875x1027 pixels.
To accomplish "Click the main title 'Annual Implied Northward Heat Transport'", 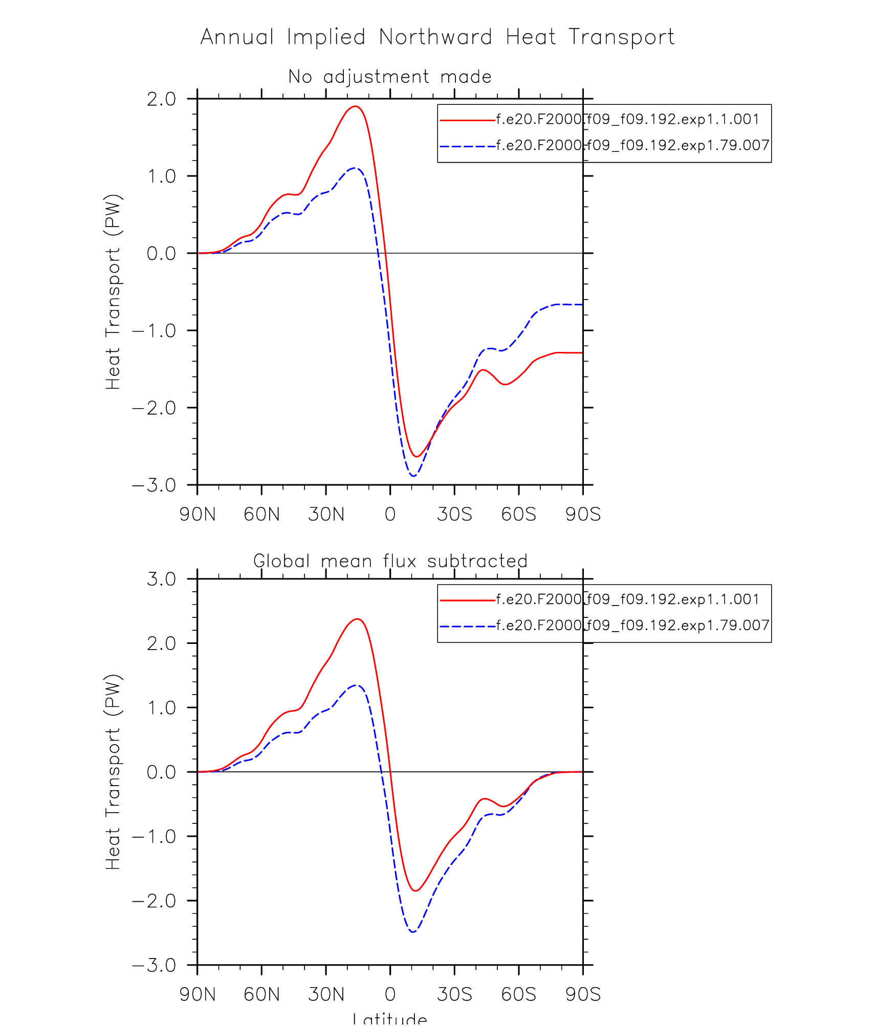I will point(437,37).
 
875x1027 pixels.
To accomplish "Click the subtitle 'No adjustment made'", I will point(390,77).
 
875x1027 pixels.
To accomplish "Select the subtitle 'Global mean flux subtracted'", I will point(390,561).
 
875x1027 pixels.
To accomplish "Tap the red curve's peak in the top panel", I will point(356,106).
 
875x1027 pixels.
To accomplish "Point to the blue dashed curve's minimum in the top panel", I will point(413,476).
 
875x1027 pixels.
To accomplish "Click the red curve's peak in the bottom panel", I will point(358,619).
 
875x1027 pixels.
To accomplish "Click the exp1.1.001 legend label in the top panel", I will point(627,119).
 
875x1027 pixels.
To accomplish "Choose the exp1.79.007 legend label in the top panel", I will point(632,145).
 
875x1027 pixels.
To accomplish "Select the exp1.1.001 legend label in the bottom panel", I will point(627,599).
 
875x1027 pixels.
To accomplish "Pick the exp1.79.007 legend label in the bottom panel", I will point(632,625).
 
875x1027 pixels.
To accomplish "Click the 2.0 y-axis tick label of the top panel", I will point(161,99).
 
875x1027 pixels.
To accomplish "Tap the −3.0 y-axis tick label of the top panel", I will point(154,485).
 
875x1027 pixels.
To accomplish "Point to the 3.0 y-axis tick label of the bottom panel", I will point(161,579).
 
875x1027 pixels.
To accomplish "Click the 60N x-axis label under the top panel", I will point(261,514).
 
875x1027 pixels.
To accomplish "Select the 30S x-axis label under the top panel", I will point(454,514).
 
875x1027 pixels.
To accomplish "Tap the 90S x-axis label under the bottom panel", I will point(583,994).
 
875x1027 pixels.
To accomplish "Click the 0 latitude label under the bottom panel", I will point(390,994).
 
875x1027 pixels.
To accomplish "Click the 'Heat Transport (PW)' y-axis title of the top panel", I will point(113,292).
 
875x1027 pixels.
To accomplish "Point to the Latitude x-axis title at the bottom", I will point(390,1019).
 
